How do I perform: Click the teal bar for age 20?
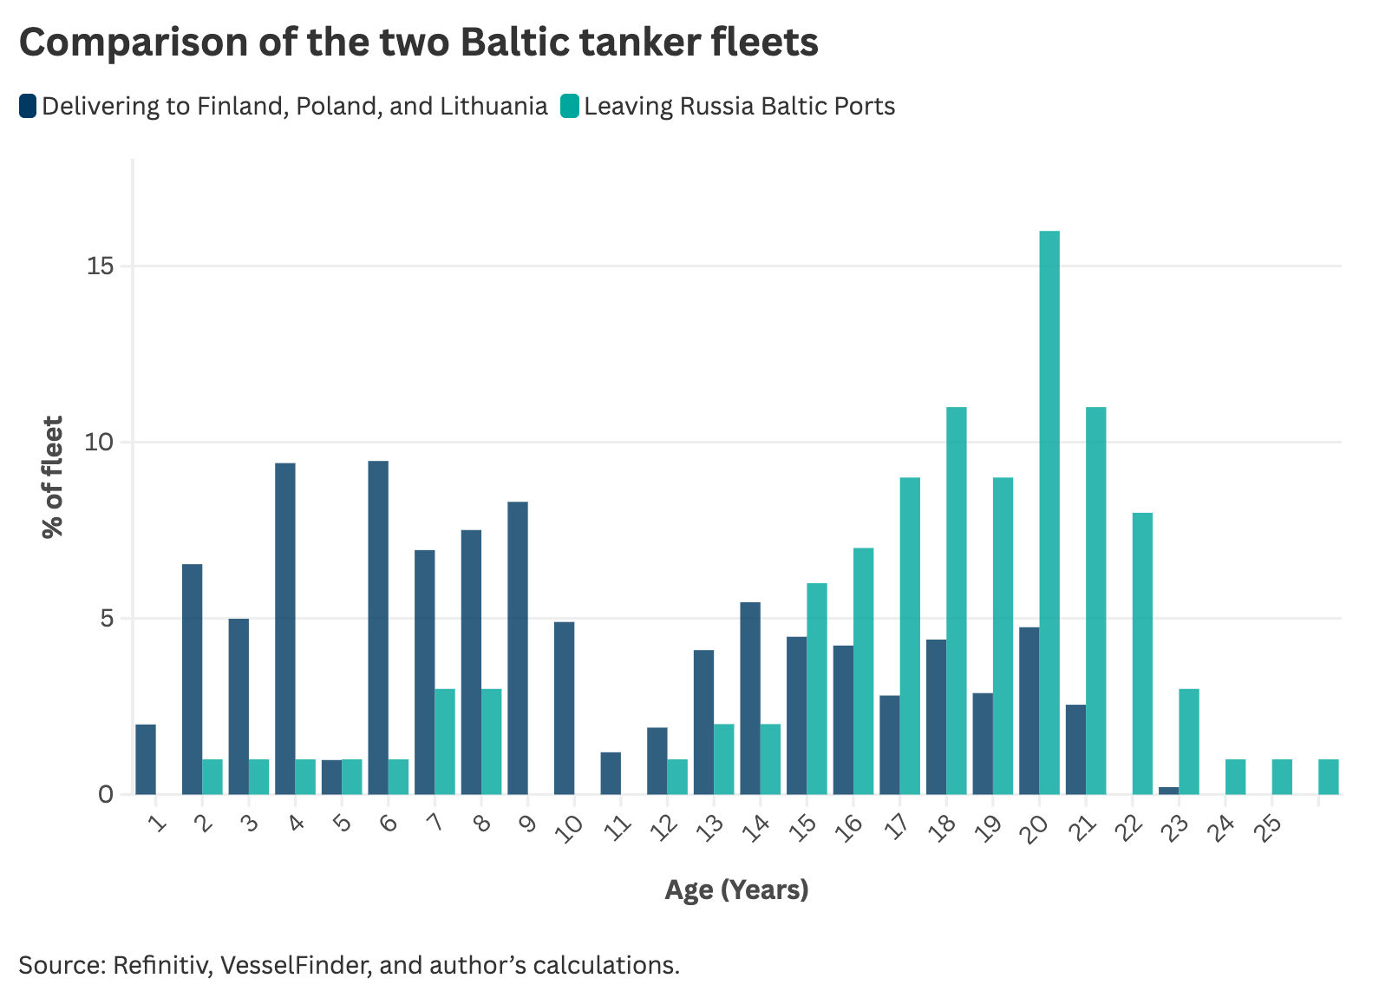click(x=1049, y=512)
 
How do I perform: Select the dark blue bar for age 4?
click(x=285, y=628)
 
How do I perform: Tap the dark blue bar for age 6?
click(x=378, y=627)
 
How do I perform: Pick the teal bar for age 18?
click(x=956, y=601)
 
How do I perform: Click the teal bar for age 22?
click(x=1142, y=653)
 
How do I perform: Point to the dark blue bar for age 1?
click(x=146, y=759)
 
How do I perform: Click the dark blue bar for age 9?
click(x=518, y=647)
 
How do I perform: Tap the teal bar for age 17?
click(x=910, y=635)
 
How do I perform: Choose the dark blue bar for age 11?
click(x=611, y=773)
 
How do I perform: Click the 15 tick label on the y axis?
click(x=101, y=266)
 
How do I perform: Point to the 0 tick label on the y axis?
click(x=106, y=795)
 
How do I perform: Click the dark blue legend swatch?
click(x=28, y=107)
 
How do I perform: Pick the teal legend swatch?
click(x=570, y=107)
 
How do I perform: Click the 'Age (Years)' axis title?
click(x=736, y=890)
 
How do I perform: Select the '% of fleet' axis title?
click(x=53, y=477)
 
